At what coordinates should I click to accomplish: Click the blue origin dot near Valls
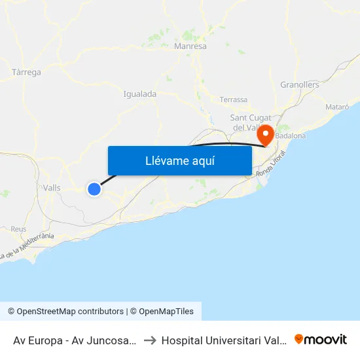point(94,189)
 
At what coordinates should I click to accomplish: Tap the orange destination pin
point(266,135)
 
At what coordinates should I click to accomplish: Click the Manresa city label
point(190,46)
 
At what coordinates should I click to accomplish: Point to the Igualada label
point(139,94)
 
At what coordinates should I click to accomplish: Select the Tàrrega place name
point(27,72)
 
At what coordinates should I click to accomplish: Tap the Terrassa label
point(234,99)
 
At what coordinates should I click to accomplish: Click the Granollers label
point(299,84)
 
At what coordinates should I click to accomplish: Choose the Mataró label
point(336,106)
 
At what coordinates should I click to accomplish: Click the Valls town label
point(51,188)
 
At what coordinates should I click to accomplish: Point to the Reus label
point(18,229)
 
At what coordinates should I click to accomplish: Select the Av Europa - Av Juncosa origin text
point(74,340)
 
